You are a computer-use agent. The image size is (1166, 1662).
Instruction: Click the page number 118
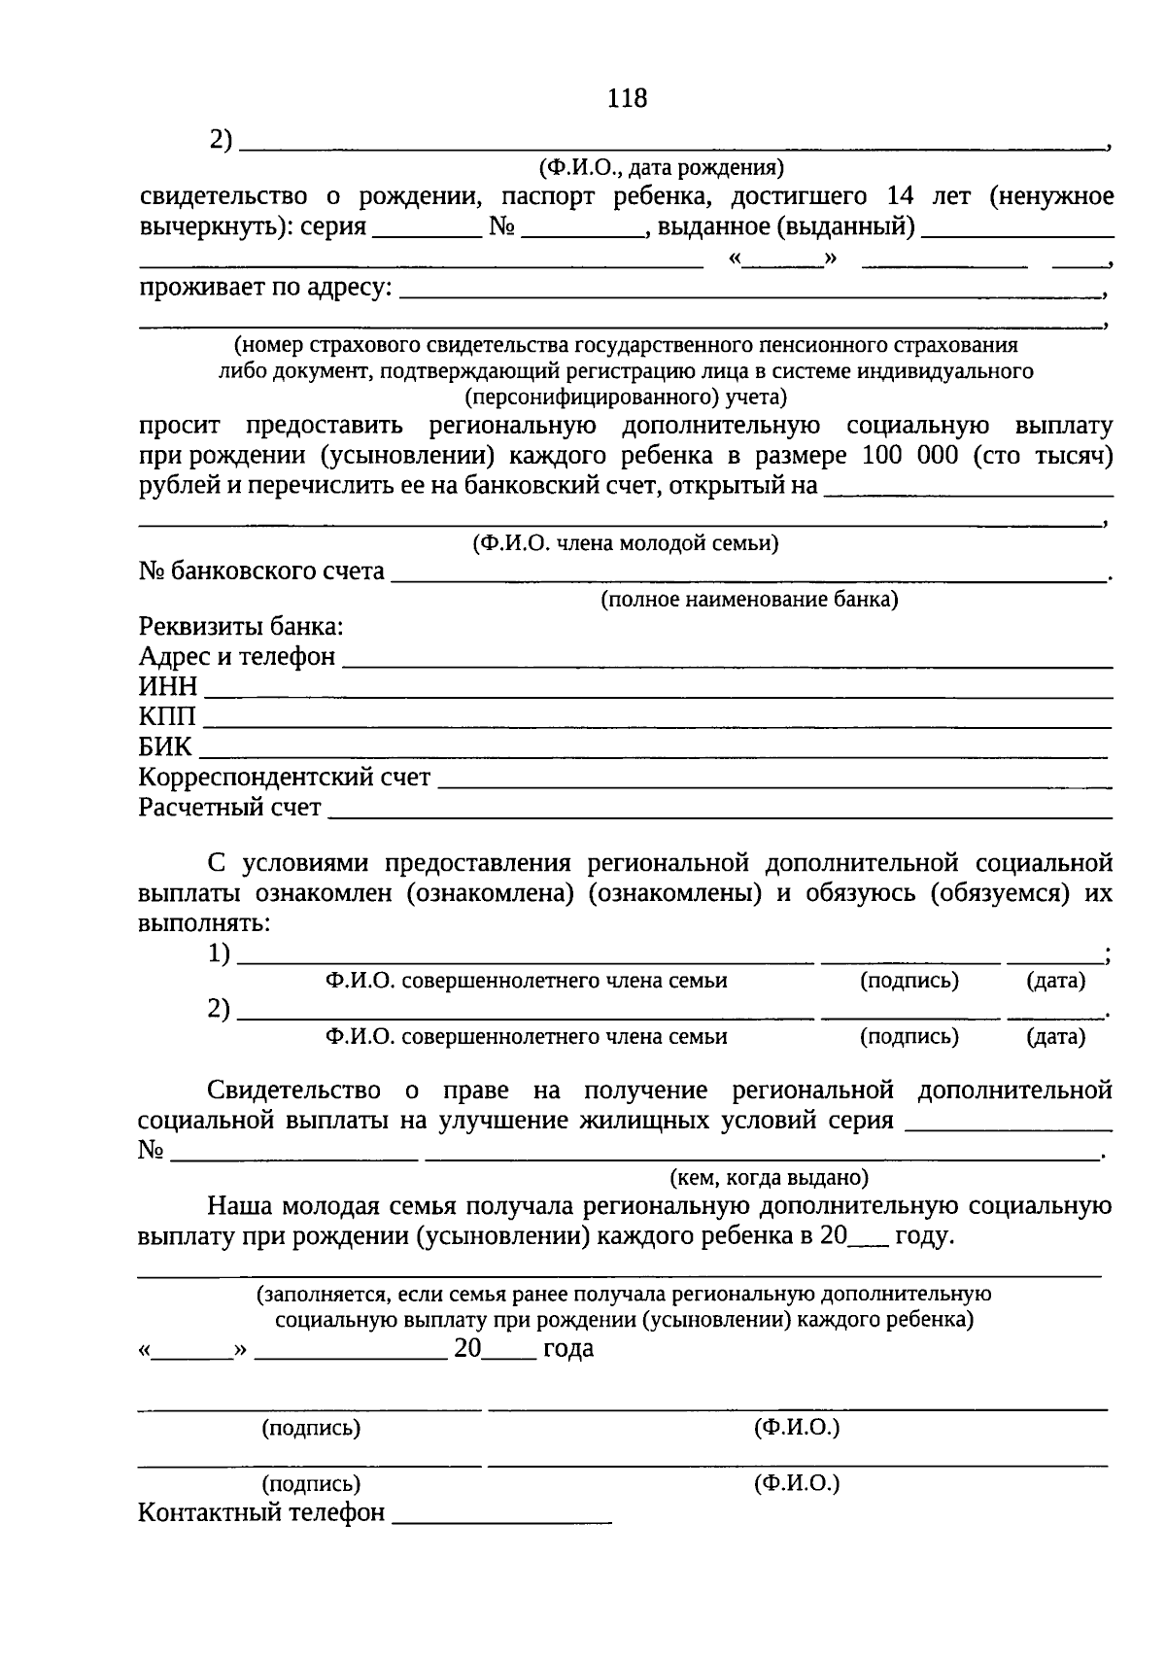coord(627,98)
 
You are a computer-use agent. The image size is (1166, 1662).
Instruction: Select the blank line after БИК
coord(653,757)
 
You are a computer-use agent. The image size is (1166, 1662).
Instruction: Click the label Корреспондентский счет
coord(284,778)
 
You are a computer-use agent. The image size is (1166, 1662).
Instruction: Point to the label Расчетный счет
coord(229,808)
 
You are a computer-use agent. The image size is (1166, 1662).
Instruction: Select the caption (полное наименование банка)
coord(749,600)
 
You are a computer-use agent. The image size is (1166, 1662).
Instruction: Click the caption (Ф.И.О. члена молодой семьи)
coord(625,543)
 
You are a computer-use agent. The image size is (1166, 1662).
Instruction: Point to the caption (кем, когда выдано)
coord(769,1178)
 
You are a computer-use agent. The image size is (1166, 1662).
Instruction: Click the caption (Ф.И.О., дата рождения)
coord(661,167)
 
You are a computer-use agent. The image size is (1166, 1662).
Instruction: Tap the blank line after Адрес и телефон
coord(728,667)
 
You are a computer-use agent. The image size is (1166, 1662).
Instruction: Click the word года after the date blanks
coord(568,1349)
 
